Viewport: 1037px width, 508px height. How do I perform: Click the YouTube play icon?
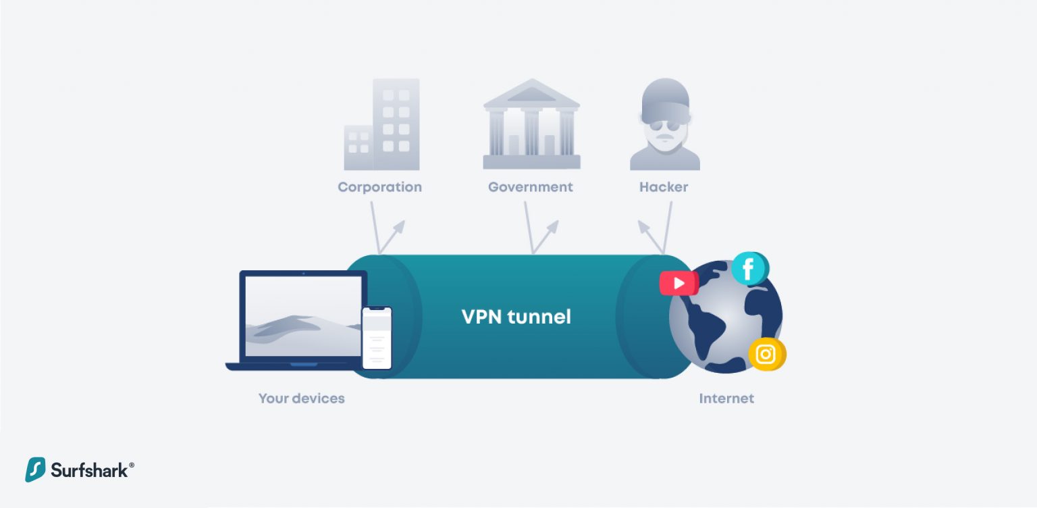pos(679,283)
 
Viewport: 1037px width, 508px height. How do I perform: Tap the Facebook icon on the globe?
pos(748,269)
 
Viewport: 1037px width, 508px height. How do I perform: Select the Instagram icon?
pos(766,354)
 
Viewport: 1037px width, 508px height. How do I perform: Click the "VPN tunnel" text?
pos(516,317)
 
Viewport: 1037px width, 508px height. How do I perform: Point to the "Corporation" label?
pos(379,187)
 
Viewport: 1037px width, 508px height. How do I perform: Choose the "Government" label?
pos(531,187)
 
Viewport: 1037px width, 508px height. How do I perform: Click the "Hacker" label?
pos(664,187)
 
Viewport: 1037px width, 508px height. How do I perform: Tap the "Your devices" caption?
pos(301,399)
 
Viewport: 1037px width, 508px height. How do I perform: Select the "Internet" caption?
pos(726,399)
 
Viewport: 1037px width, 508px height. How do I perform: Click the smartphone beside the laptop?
pos(377,338)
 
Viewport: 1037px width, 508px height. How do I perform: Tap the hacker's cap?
pos(664,98)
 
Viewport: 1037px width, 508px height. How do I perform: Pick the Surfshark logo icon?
pos(35,469)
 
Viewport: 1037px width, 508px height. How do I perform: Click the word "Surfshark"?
pos(89,470)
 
